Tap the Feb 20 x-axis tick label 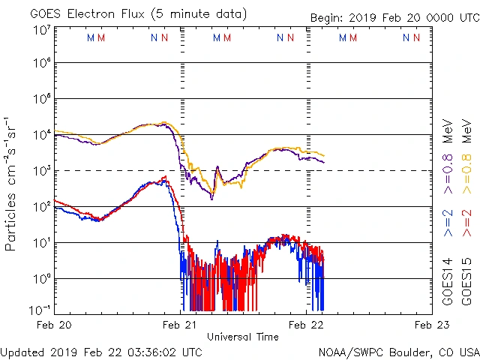54,325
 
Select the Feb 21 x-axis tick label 180,325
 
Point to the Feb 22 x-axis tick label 306,325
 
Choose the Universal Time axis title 243,337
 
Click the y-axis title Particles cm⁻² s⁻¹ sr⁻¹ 12,183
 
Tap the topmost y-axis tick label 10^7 42,29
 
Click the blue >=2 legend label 447,223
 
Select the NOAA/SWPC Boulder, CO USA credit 398,352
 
